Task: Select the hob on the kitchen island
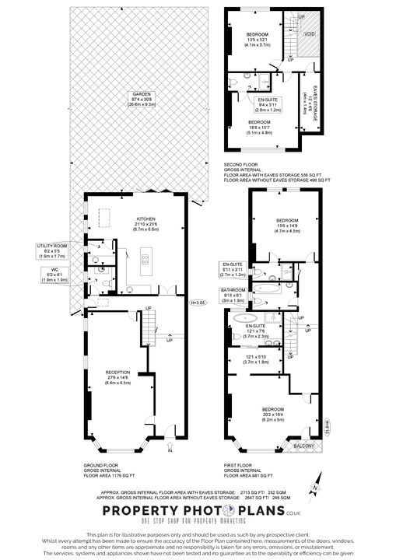(x=145, y=261)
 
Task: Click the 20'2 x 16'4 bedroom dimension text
(x=273, y=415)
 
